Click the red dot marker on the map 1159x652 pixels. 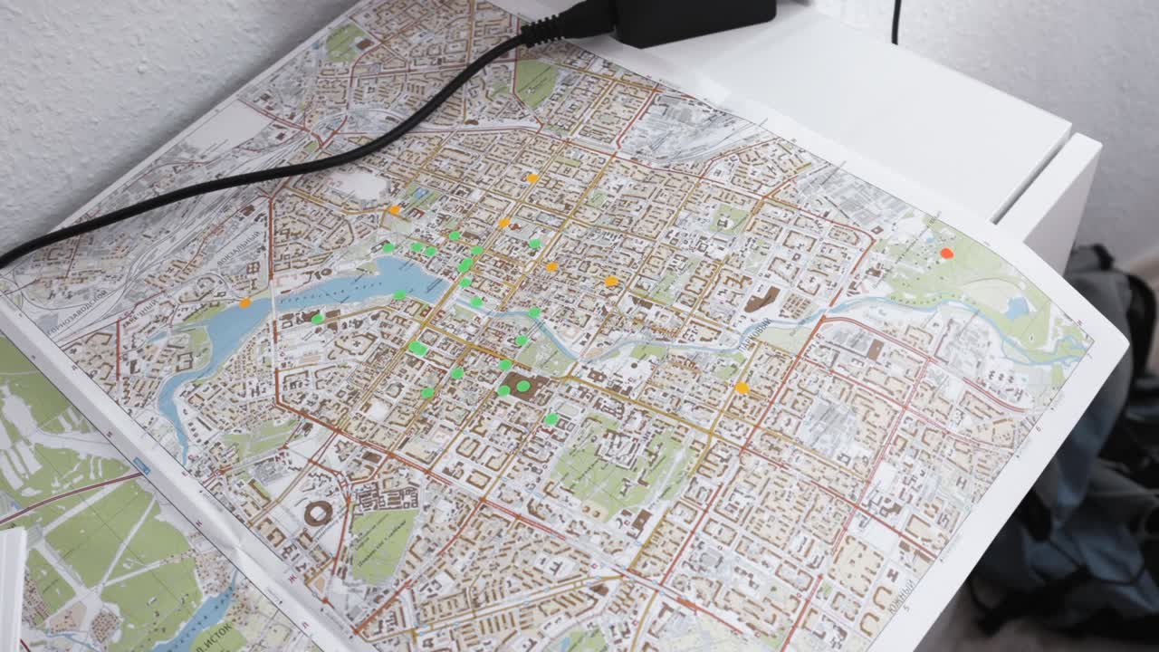(946, 254)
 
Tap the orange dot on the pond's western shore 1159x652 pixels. (244, 302)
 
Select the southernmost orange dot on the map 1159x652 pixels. (742, 388)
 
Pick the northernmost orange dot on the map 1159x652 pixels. (532, 177)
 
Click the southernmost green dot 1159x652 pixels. (551, 418)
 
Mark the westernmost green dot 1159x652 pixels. (317, 319)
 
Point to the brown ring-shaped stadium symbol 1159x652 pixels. (318, 514)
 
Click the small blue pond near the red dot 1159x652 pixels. (1016, 308)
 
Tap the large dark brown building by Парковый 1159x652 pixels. (761, 299)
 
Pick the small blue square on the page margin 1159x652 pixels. (141, 466)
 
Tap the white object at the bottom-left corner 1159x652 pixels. (11, 589)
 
